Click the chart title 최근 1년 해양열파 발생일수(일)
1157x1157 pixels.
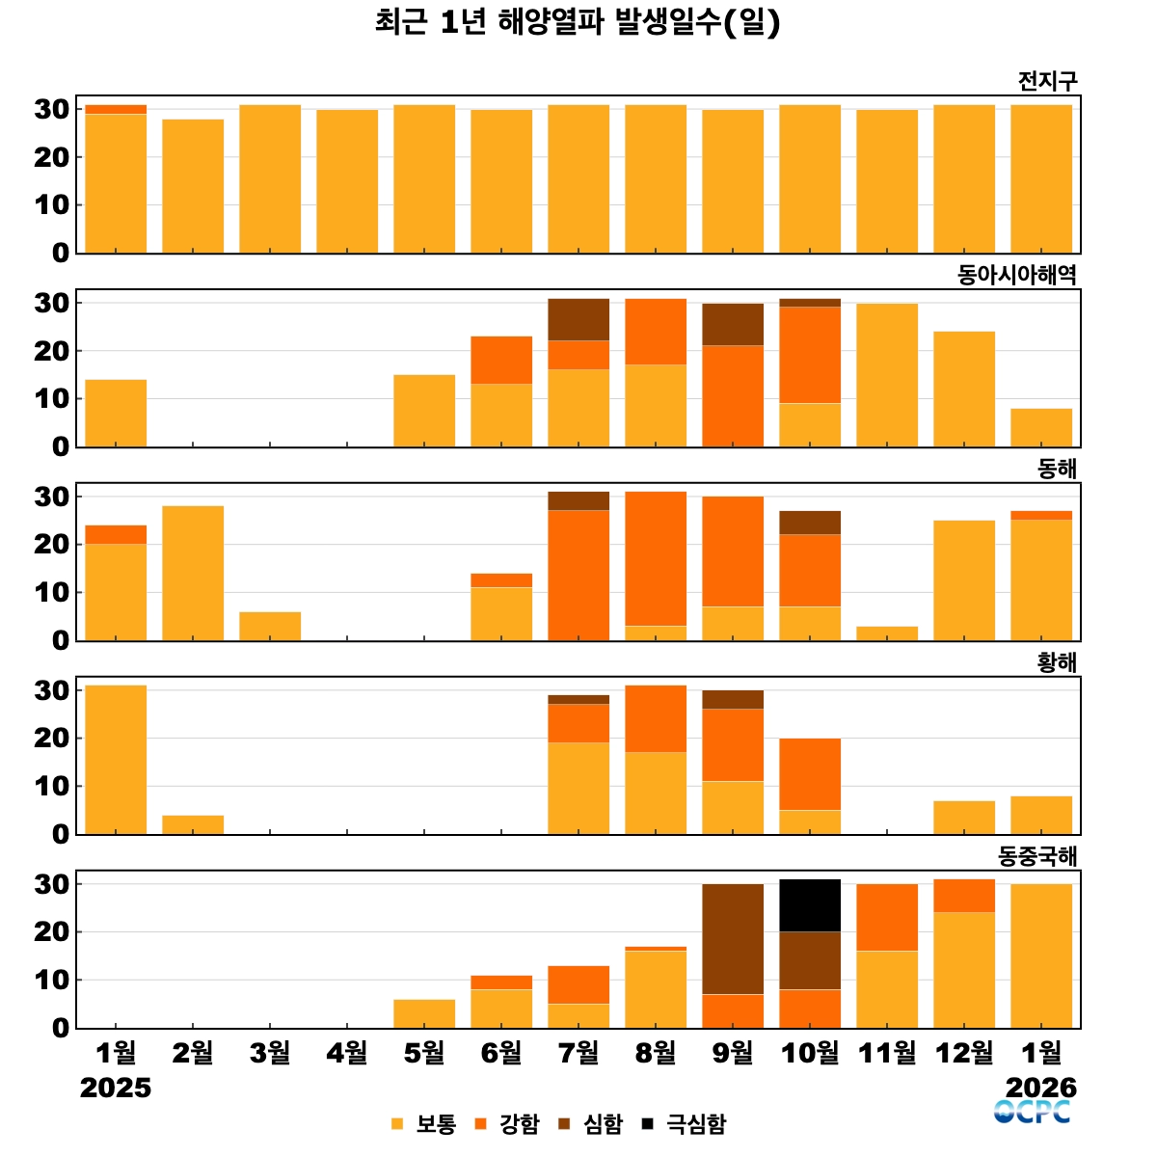pos(578,22)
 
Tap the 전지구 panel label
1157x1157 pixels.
pos(1047,82)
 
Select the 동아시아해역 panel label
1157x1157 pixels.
pos(1016,275)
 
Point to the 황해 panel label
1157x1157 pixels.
pos(1057,662)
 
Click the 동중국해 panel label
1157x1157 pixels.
pos(1036,856)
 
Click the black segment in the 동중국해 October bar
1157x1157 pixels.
pos(810,905)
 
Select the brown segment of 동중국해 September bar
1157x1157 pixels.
pos(733,939)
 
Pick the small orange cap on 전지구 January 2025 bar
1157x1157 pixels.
pos(116,110)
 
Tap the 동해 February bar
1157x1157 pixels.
pos(193,573)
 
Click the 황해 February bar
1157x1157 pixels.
pos(193,824)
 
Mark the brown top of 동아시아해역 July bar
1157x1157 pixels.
pos(578,320)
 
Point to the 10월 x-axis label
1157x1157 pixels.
pos(810,1053)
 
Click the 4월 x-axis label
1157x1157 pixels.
pos(347,1053)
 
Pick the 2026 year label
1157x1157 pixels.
pos(1041,1088)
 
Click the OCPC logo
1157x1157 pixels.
pos(1033,1112)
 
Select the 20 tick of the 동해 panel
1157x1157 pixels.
pos(52,545)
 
